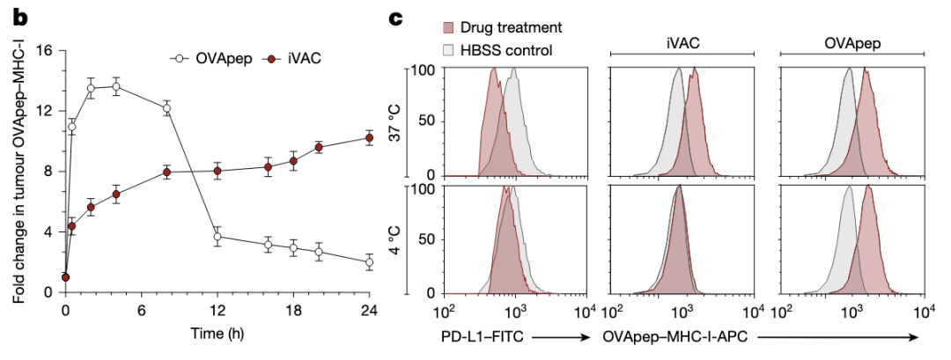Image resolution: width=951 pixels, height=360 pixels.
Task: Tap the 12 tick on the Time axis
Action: pyautogui.click(x=217, y=309)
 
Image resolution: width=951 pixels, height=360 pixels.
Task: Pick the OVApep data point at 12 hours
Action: pyautogui.click(x=217, y=237)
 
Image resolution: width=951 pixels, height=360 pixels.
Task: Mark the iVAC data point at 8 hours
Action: pyautogui.click(x=166, y=172)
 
